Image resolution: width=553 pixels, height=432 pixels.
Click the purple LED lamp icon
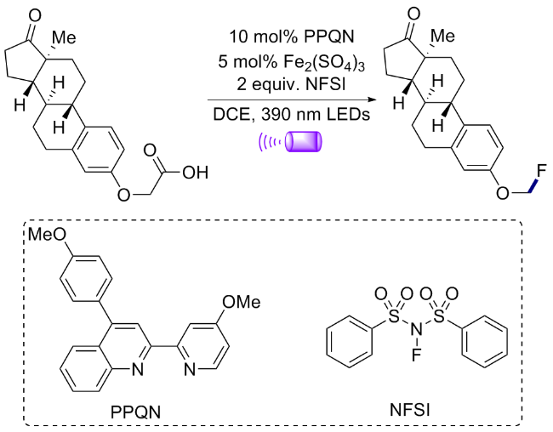(x=290, y=142)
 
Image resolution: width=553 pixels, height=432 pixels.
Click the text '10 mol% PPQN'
(x=291, y=37)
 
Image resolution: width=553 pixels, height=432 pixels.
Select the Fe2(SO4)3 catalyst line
(x=291, y=63)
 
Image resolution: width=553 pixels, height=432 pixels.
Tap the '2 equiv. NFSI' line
(x=291, y=85)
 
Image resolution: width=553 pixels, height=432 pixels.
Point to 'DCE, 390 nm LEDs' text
(x=291, y=114)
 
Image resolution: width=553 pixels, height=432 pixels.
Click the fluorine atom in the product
(x=540, y=173)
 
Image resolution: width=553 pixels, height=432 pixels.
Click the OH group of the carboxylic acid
(x=196, y=173)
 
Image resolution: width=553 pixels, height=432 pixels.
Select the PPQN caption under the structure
(x=135, y=412)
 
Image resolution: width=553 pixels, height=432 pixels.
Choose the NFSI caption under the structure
(x=410, y=410)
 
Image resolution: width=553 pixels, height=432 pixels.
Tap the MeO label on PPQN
(x=47, y=234)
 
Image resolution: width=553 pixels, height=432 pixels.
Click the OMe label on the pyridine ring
(x=242, y=302)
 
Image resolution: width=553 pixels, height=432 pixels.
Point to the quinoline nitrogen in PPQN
(x=138, y=370)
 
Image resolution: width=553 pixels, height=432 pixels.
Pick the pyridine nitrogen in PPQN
(x=190, y=370)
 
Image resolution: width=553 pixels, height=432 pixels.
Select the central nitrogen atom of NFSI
(x=416, y=330)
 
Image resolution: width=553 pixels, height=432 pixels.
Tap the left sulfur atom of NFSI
(x=394, y=316)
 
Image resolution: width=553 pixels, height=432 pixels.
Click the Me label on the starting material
(x=64, y=37)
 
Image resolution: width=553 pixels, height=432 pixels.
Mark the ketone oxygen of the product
(x=413, y=14)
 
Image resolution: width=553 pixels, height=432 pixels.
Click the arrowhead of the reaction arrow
(x=372, y=99)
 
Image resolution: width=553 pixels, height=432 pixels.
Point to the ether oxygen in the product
(x=503, y=193)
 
